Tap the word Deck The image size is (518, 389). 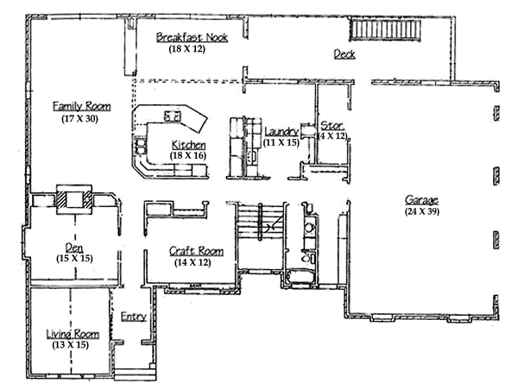pos(345,55)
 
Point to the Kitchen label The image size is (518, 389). pos(188,144)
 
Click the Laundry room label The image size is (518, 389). pos(281,131)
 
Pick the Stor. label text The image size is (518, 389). pos(333,125)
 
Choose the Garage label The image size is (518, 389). pos(420,200)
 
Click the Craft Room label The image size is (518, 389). pos(196,251)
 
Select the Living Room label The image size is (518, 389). pos(73,334)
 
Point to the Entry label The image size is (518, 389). pos(132,317)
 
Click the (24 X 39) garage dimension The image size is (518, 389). pos(420,210)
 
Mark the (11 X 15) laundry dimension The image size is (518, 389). pos(281,141)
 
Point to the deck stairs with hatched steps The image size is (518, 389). pos(385,32)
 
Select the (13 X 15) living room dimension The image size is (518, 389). pos(73,344)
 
